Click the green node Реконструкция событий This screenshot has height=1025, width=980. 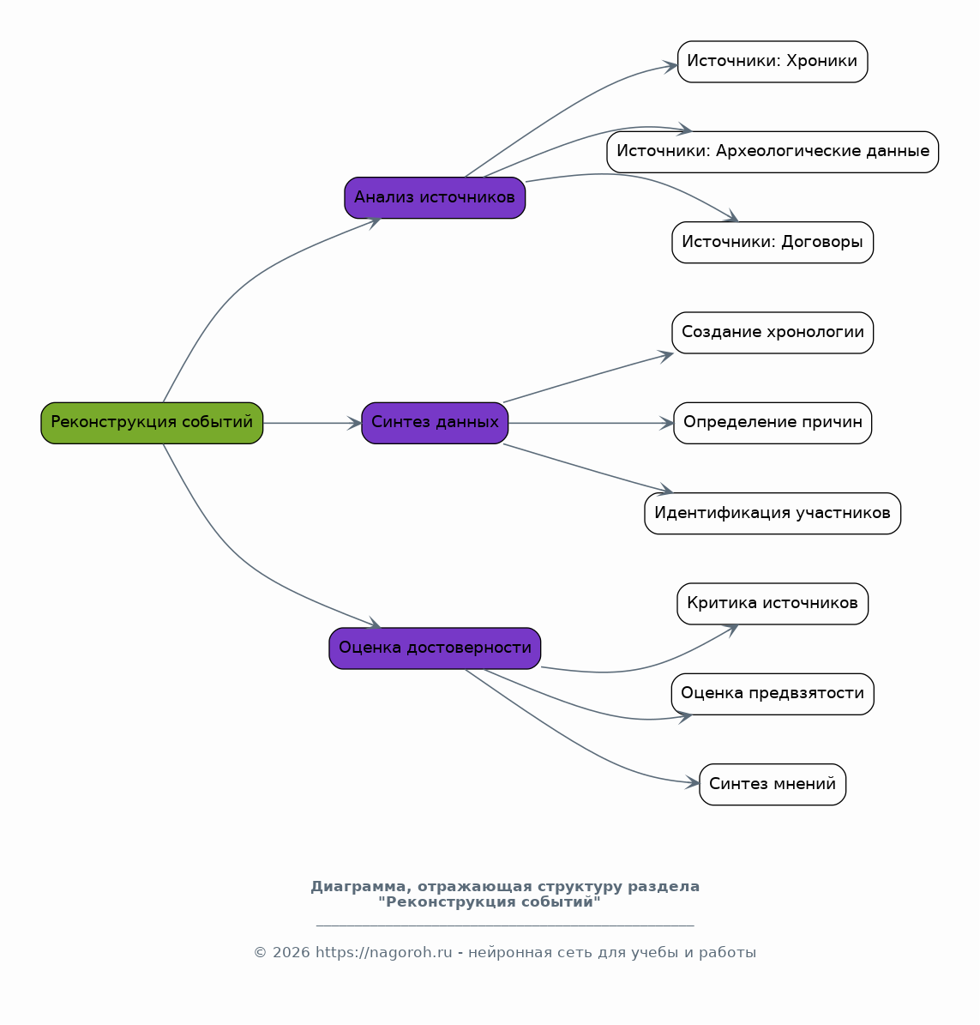click(x=152, y=423)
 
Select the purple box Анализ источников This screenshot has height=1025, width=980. click(x=435, y=197)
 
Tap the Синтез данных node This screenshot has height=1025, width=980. click(x=435, y=423)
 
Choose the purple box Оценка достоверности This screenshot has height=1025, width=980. click(x=435, y=648)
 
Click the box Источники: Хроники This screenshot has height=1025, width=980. click(x=773, y=62)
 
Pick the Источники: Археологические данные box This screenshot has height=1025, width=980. click(x=773, y=152)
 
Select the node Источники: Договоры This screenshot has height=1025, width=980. click(x=773, y=243)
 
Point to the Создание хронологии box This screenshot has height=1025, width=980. click(x=773, y=333)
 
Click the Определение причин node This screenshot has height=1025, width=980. click(x=773, y=423)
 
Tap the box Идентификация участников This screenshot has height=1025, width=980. click(x=773, y=513)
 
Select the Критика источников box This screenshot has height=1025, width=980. click(x=773, y=603)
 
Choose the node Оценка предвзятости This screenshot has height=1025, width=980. click(x=773, y=694)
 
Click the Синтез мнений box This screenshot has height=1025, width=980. click(x=773, y=785)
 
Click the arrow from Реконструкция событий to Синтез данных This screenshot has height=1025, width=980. click(x=312, y=423)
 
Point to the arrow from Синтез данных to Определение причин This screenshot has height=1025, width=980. click(x=591, y=423)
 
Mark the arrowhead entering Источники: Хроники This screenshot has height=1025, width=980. click(x=670, y=66)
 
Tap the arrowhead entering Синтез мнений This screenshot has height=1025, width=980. click(x=693, y=781)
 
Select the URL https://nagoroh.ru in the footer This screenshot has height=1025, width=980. click(x=383, y=952)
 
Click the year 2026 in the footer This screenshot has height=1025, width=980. click(x=291, y=952)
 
